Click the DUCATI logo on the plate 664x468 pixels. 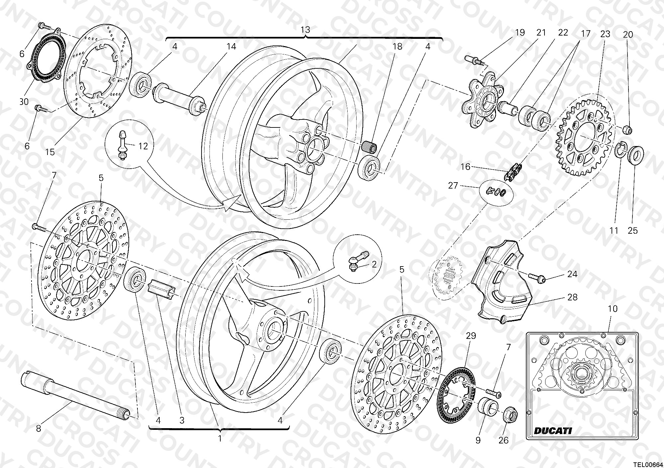pyautogui.click(x=553, y=430)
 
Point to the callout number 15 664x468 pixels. pyautogui.click(x=50, y=152)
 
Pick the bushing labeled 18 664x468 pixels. pyautogui.click(x=369, y=147)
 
